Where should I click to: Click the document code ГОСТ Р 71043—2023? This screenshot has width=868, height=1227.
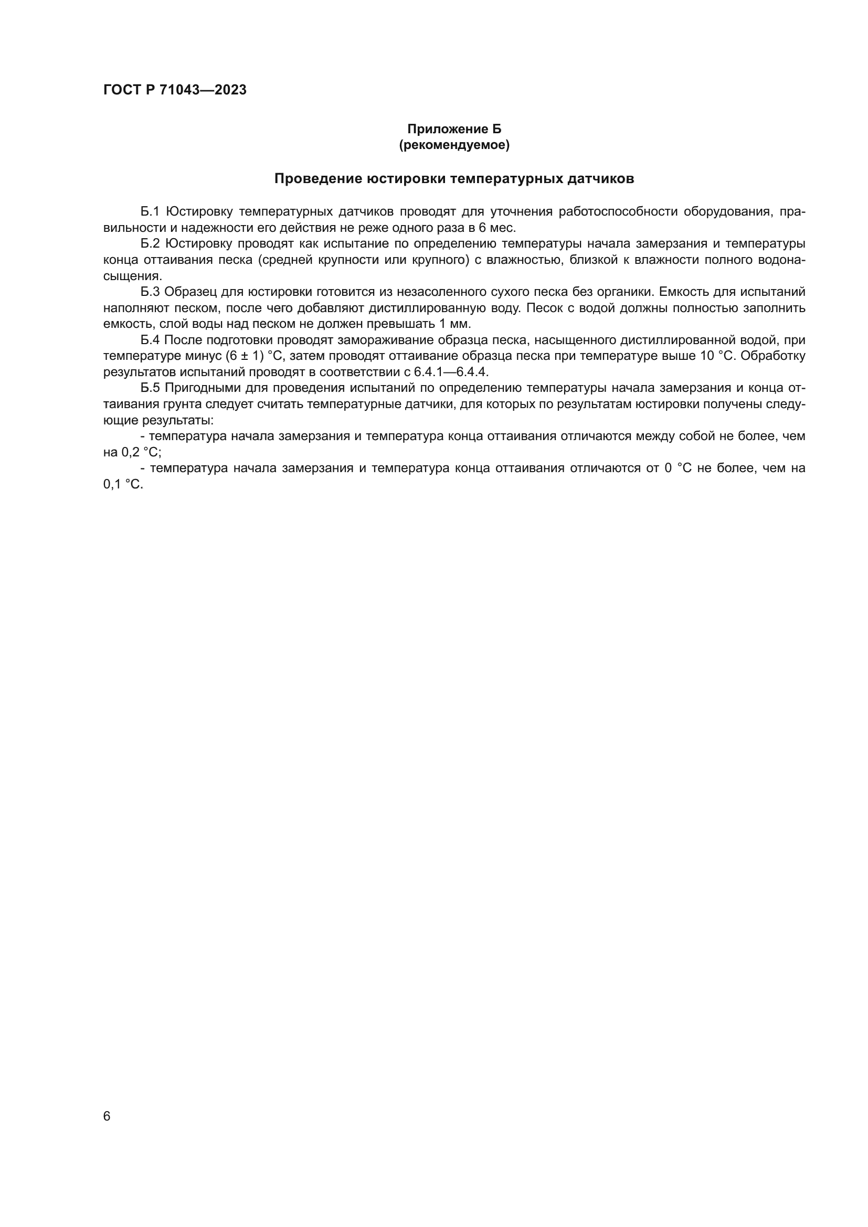(175, 90)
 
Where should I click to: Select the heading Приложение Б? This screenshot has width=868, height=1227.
(454, 129)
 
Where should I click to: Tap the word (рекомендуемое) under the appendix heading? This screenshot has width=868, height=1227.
(454, 145)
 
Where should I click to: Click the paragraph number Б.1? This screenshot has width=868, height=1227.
(150, 211)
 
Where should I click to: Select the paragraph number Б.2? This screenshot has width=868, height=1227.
(150, 244)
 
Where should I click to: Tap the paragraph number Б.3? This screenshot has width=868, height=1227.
(150, 292)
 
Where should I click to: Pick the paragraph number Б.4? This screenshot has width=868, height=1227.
(150, 340)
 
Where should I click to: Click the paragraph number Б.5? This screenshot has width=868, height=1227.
(150, 388)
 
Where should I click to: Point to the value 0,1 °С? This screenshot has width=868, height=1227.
(123, 485)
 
